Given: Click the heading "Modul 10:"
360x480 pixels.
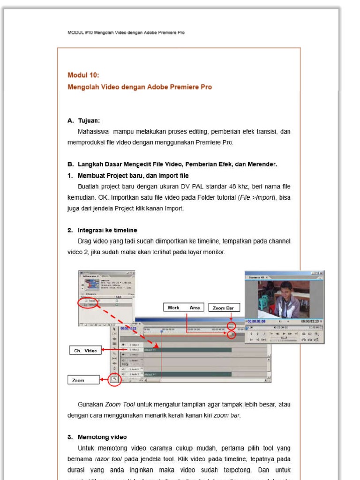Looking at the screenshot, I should (x=83, y=75).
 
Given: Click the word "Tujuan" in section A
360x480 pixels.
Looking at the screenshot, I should (x=89, y=120).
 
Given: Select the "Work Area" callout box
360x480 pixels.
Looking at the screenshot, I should (x=184, y=307).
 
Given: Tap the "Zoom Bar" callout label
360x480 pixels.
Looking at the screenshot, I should (x=224, y=308).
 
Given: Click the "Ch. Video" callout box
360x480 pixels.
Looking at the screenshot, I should (x=85, y=350).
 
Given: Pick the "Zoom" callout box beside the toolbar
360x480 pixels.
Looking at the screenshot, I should (x=83, y=380).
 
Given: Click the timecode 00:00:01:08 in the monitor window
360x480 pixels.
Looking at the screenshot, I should (x=256, y=321).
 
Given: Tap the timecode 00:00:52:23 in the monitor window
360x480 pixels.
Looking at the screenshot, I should (x=310, y=321).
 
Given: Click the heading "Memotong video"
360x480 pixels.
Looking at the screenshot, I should (x=102, y=437).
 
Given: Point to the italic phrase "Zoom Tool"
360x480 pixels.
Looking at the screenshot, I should (x=120, y=404).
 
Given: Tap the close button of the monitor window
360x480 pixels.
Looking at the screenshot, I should (x=322, y=273).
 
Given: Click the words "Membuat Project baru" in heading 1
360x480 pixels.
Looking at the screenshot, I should (x=110, y=176).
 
